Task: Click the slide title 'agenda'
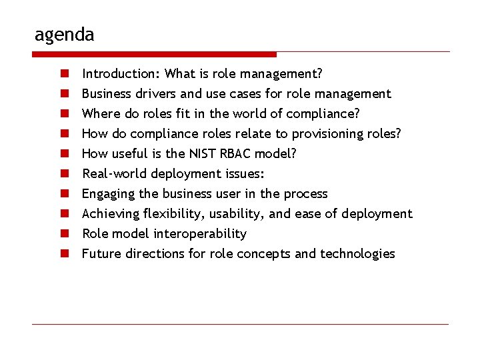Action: [x=64, y=34]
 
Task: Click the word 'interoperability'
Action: [x=200, y=233]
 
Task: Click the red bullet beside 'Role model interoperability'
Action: [x=67, y=233]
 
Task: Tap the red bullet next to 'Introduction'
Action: [x=67, y=73]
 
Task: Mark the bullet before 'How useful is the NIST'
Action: [x=67, y=153]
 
